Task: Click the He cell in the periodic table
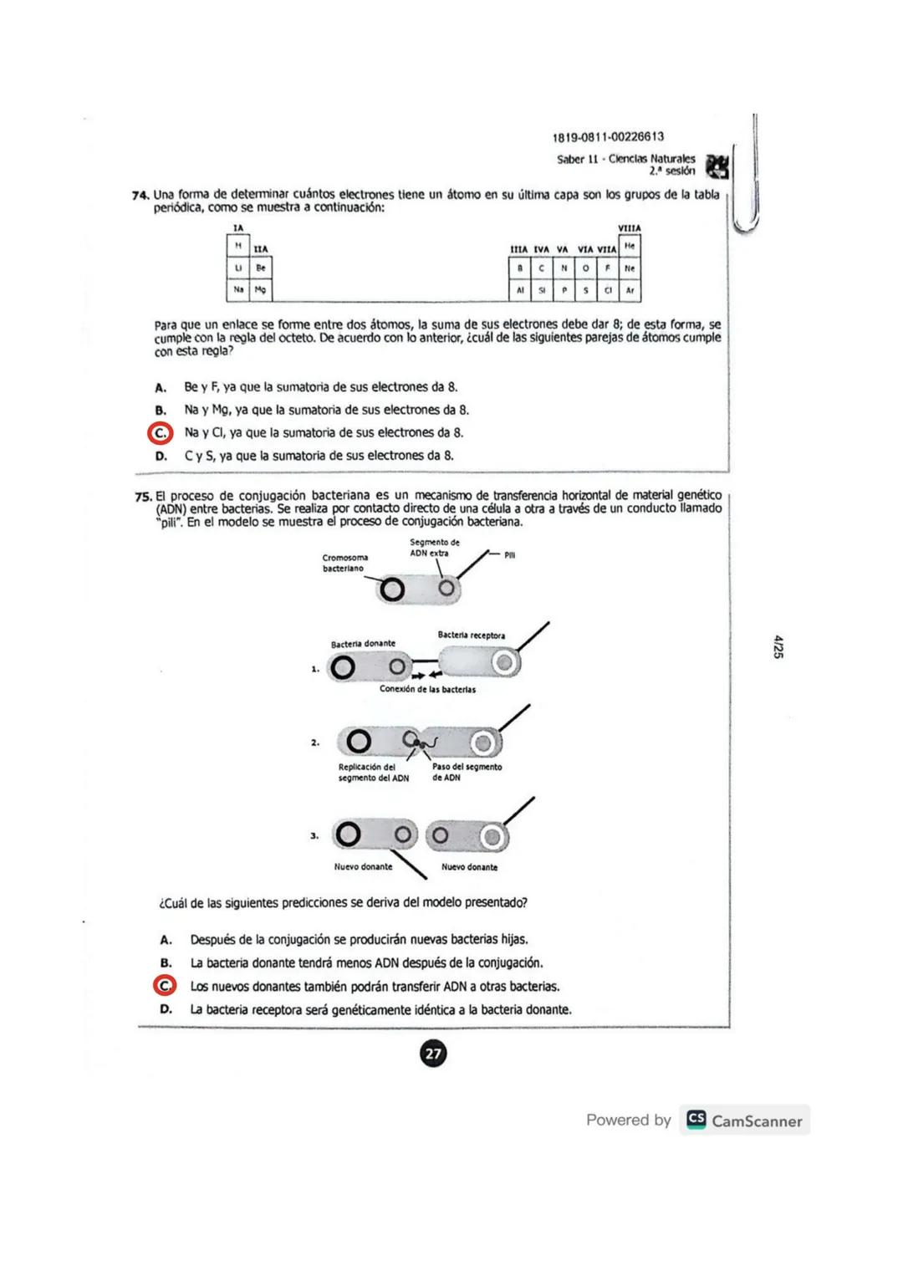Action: [x=630, y=246]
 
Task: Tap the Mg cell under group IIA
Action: [x=261, y=290]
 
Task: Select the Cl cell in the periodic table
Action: [x=608, y=291]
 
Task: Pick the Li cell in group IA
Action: [x=238, y=268]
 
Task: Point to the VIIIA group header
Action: [x=629, y=228]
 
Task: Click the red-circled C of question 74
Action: [x=160, y=433]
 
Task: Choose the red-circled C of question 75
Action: [x=165, y=986]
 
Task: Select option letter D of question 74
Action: [x=161, y=457]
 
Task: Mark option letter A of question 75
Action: [x=166, y=940]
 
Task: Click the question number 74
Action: [x=140, y=196]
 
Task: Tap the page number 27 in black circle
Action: [x=433, y=1054]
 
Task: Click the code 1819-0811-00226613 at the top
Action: [x=608, y=137]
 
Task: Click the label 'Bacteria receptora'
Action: [x=471, y=635]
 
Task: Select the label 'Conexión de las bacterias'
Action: [x=427, y=690]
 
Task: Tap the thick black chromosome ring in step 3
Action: [x=348, y=835]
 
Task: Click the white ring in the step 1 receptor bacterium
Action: [x=503, y=663]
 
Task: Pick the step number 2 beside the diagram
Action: [x=314, y=743]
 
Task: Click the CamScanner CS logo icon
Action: [x=696, y=1120]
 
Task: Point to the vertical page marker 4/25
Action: [x=778, y=646]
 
